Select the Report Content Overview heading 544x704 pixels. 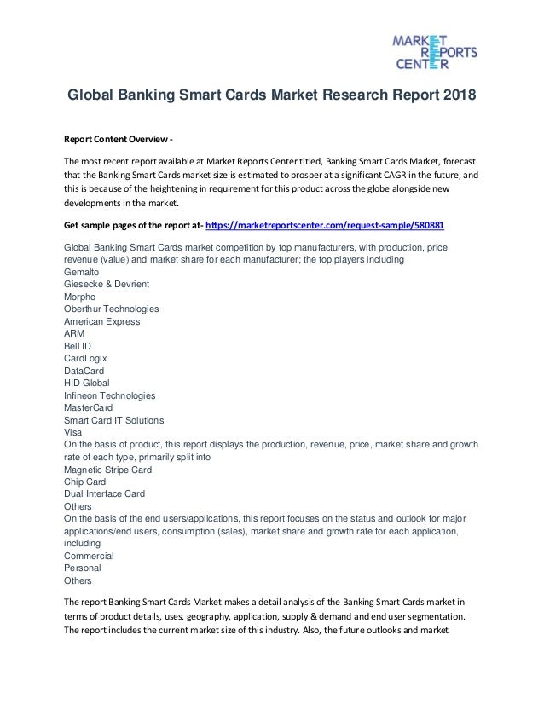[x=119, y=141]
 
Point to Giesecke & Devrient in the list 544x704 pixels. [x=107, y=284]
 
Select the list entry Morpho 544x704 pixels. [x=81, y=297]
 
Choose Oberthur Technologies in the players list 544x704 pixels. [x=112, y=309]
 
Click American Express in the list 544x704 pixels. [x=102, y=321]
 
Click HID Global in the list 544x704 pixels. [x=87, y=383]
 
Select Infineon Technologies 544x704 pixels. [x=110, y=395]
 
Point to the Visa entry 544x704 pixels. [x=74, y=432]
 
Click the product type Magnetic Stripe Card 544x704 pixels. [x=108, y=470]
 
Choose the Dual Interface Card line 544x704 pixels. [x=105, y=494]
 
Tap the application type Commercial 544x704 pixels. [x=90, y=556]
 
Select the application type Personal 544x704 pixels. [x=83, y=568]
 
